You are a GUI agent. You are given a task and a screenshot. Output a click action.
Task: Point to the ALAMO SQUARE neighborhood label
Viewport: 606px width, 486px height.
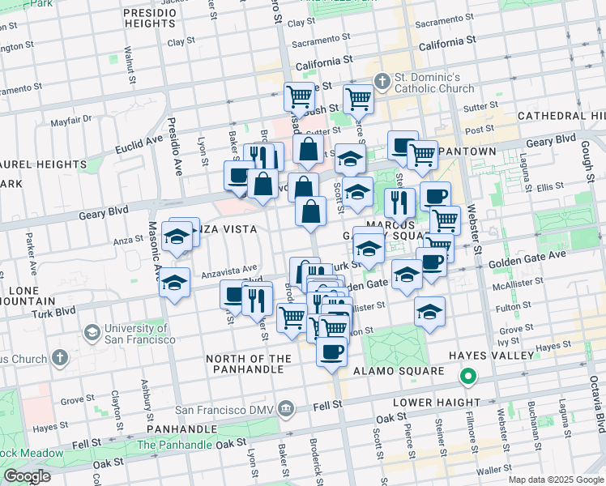point(399,371)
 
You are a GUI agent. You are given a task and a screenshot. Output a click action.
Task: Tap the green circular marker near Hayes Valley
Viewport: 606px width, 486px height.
point(467,377)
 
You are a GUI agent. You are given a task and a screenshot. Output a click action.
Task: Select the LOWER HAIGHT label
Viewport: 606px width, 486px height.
point(437,403)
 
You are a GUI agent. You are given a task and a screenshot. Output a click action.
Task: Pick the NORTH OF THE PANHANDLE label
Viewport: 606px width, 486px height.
point(249,364)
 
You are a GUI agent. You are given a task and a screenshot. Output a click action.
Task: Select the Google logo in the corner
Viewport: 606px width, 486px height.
point(27,476)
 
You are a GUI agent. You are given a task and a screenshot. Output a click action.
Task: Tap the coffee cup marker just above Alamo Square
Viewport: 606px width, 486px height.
point(331,352)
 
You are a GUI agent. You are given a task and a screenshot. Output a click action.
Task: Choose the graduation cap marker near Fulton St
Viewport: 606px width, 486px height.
point(429,311)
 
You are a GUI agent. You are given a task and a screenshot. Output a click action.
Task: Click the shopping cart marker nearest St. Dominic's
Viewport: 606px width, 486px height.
point(358,100)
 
